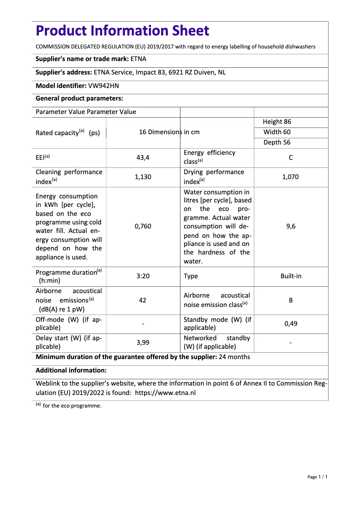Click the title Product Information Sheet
(x=122, y=31)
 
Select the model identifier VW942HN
(x=103, y=85)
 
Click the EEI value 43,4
(x=143, y=158)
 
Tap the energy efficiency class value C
(x=291, y=158)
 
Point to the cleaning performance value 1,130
(x=143, y=177)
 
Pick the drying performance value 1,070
(x=290, y=177)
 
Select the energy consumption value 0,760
(x=143, y=226)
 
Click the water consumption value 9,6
(x=291, y=226)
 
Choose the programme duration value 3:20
(x=143, y=276)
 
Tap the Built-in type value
(x=291, y=276)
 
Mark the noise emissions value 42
(x=143, y=300)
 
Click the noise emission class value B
(x=291, y=300)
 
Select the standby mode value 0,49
(x=291, y=323)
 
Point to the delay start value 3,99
(x=143, y=342)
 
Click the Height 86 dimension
(x=277, y=122)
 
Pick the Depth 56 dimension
(x=277, y=142)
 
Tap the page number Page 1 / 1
(x=317, y=477)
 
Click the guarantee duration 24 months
(x=234, y=357)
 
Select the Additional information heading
(x=71, y=370)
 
